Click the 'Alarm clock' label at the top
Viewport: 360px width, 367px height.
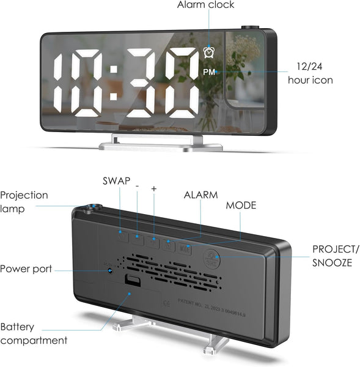pos(205,5)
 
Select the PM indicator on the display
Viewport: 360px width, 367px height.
pos(209,72)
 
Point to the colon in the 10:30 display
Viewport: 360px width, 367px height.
pos(114,87)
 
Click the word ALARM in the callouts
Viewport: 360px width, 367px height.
pos(201,195)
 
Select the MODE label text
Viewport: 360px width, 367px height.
pos(241,205)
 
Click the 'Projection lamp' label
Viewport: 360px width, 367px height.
pos(24,202)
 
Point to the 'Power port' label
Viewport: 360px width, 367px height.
pos(26,269)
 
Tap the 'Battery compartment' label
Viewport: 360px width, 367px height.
pos(34,333)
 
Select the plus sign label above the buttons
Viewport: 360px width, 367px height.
pos(153,189)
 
